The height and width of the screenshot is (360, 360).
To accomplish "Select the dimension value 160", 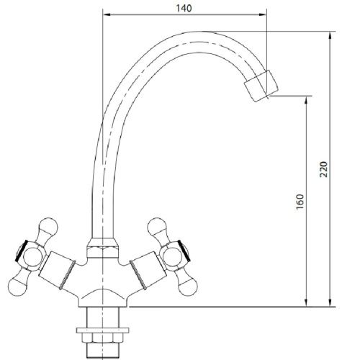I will pos(300,202).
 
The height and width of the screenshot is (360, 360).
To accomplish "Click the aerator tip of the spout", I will pos(260,86).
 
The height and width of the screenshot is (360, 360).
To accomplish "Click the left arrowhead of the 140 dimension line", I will pos(105,15).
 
